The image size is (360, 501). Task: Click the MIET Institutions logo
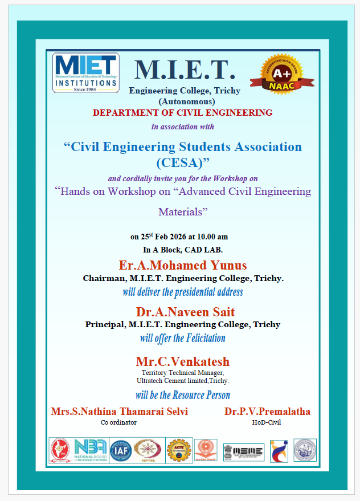85,72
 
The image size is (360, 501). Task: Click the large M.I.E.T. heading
185,70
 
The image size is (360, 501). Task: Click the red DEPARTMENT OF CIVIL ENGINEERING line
183,113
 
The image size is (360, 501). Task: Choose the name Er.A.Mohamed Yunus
183,266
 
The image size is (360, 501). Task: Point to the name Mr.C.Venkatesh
183,361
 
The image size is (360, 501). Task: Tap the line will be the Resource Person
183,395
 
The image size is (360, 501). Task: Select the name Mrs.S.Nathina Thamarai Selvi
119,412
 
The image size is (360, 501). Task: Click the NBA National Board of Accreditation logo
89,450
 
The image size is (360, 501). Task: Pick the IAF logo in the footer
121,450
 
